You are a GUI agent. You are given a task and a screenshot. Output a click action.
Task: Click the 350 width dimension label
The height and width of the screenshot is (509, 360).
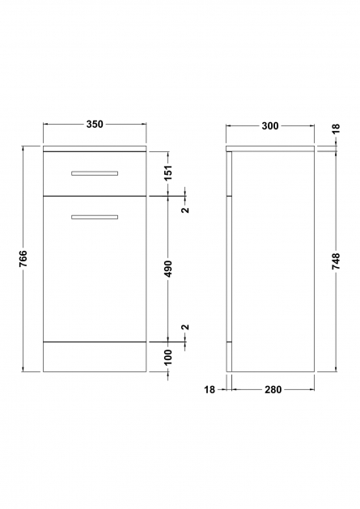pyautogui.click(x=95, y=125)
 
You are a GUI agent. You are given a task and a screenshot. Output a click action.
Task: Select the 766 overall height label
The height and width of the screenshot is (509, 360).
pyautogui.click(x=23, y=259)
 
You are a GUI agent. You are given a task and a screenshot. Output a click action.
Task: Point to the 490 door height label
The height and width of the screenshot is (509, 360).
pyautogui.click(x=168, y=269)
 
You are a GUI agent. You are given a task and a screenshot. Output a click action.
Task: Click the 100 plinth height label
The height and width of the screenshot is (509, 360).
pyautogui.click(x=168, y=357)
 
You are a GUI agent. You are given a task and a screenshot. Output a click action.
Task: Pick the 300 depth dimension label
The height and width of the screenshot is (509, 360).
pyautogui.click(x=270, y=126)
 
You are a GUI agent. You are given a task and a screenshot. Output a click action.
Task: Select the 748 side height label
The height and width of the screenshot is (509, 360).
pyautogui.click(x=337, y=261)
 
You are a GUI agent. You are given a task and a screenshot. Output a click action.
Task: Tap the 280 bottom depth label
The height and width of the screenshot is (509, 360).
pyautogui.click(x=273, y=389)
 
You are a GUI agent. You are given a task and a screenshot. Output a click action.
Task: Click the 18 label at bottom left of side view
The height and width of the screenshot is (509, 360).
pyautogui.click(x=210, y=389)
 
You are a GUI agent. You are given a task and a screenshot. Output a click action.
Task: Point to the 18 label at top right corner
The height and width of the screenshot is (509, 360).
pyautogui.click(x=337, y=128)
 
